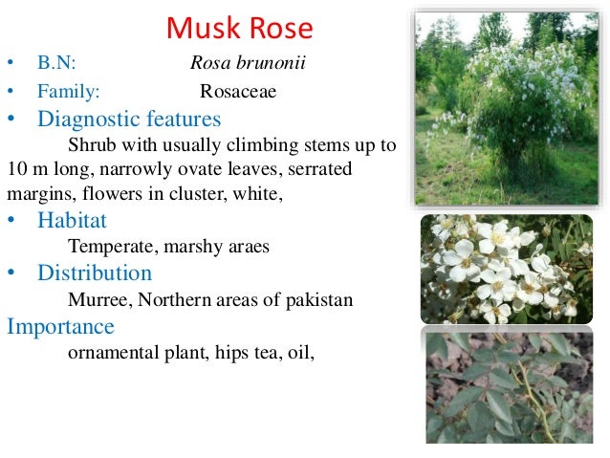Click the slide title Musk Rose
pyautogui.click(x=240, y=30)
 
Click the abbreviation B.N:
pyautogui.click(x=57, y=65)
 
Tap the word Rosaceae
pyautogui.click(x=240, y=92)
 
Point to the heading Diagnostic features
pyautogui.click(x=129, y=120)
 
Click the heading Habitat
pyautogui.click(x=72, y=220)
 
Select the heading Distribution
pyautogui.click(x=95, y=273)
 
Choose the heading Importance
pyautogui.click(x=60, y=326)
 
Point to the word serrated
pyautogui.click(x=316, y=170)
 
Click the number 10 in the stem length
pyautogui.click(x=15, y=170)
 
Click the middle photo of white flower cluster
pyautogui.click(x=507, y=269)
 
